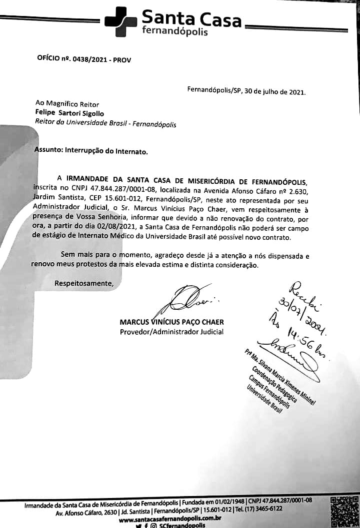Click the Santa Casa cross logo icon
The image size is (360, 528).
point(120,22)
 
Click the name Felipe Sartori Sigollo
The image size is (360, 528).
point(69,113)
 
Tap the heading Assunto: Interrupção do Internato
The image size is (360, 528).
point(91,150)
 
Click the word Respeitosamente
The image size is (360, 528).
point(84,283)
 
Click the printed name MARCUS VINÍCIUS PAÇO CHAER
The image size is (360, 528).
point(171,322)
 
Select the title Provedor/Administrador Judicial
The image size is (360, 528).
point(171,332)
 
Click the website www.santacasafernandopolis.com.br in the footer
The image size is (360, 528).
point(170,520)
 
